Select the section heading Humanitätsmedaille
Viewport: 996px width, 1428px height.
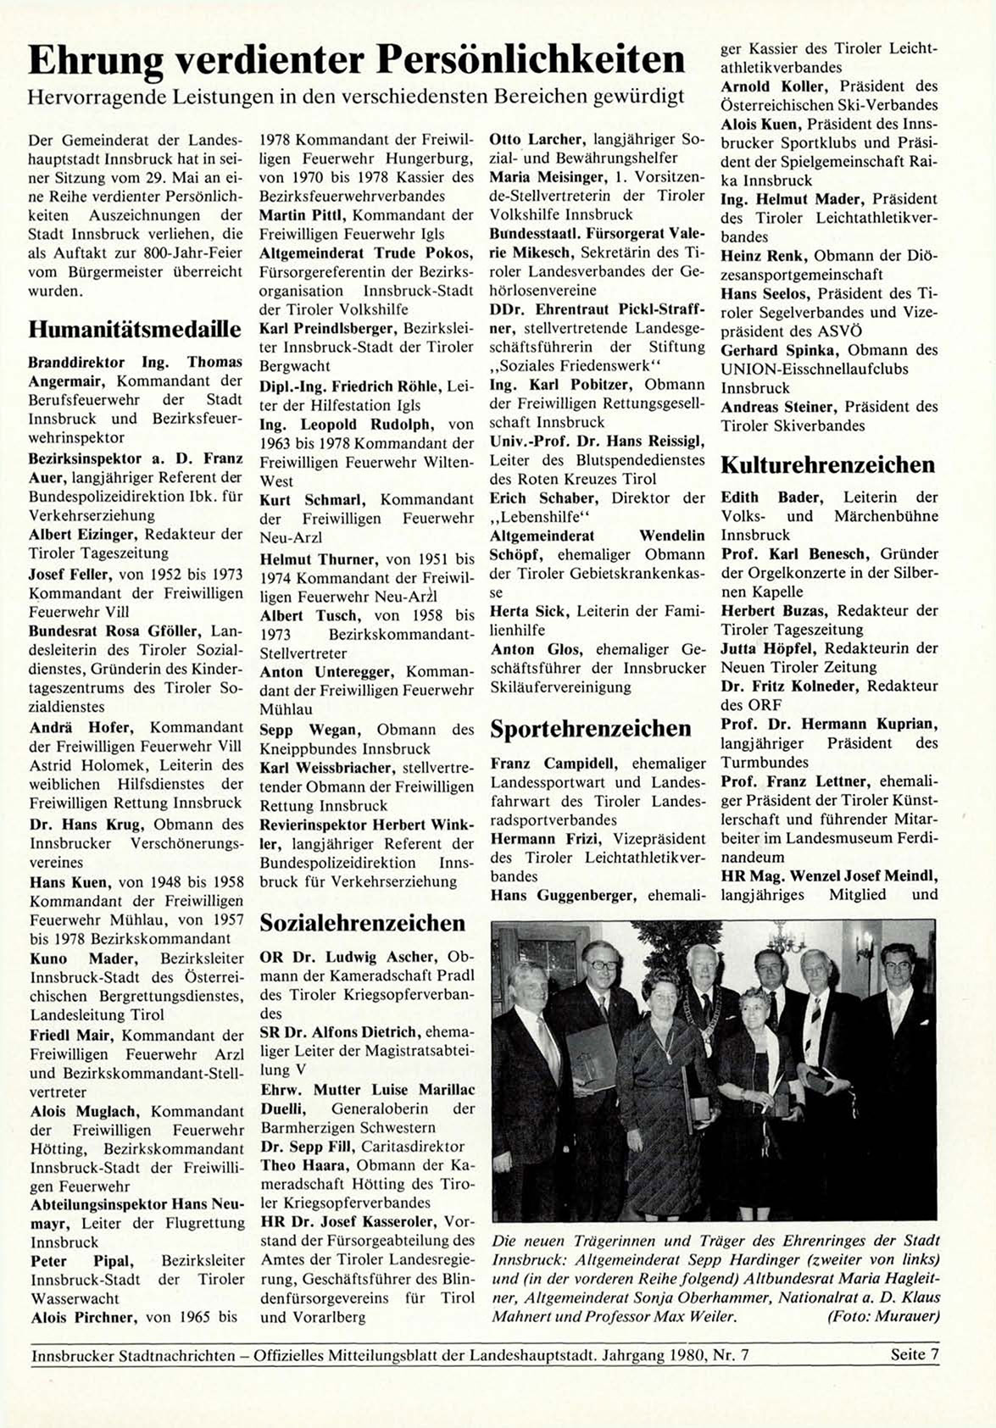coord(135,329)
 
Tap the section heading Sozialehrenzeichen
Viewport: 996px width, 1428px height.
coord(363,922)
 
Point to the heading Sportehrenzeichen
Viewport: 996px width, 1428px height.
coord(591,729)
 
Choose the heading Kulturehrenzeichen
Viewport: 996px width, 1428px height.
coord(827,464)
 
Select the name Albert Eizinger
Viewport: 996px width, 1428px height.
coord(83,534)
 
